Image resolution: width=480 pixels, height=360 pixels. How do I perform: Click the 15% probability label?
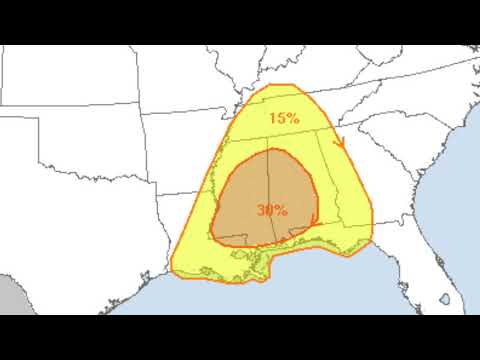click(283, 118)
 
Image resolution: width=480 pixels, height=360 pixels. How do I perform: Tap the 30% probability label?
click(272, 211)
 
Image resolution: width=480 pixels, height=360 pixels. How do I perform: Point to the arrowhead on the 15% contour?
click(339, 142)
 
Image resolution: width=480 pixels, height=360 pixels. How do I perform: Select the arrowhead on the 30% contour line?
click(313, 219)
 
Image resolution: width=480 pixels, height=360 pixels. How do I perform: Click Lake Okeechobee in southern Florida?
click(445, 298)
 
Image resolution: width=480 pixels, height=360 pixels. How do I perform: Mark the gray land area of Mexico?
click(12, 295)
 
